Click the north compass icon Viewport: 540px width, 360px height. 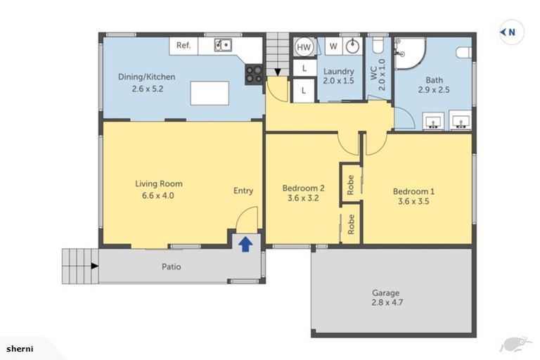click(511, 32)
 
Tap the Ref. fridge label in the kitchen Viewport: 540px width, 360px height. click(184, 46)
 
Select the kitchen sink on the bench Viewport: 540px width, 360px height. click(223, 46)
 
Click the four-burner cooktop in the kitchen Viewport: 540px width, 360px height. click(253, 74)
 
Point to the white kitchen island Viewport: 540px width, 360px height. click(210, 93)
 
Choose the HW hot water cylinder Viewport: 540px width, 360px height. click(304, 47)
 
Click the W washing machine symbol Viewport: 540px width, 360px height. click(334, 46)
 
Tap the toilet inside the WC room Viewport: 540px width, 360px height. click(377, 47)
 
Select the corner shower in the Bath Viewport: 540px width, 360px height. click(408, 53)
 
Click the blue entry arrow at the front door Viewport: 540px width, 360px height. click(245, 244)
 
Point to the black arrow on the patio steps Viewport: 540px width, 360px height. click(94, 266)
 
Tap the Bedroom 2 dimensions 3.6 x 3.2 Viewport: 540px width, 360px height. click(303, 198)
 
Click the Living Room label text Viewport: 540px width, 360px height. click(154, 184)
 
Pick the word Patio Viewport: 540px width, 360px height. click(171, 266)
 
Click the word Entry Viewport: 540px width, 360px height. click(243, 191)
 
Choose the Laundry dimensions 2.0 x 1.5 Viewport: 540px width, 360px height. click(338, 81)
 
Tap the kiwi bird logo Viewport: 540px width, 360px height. click(514, 344)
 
